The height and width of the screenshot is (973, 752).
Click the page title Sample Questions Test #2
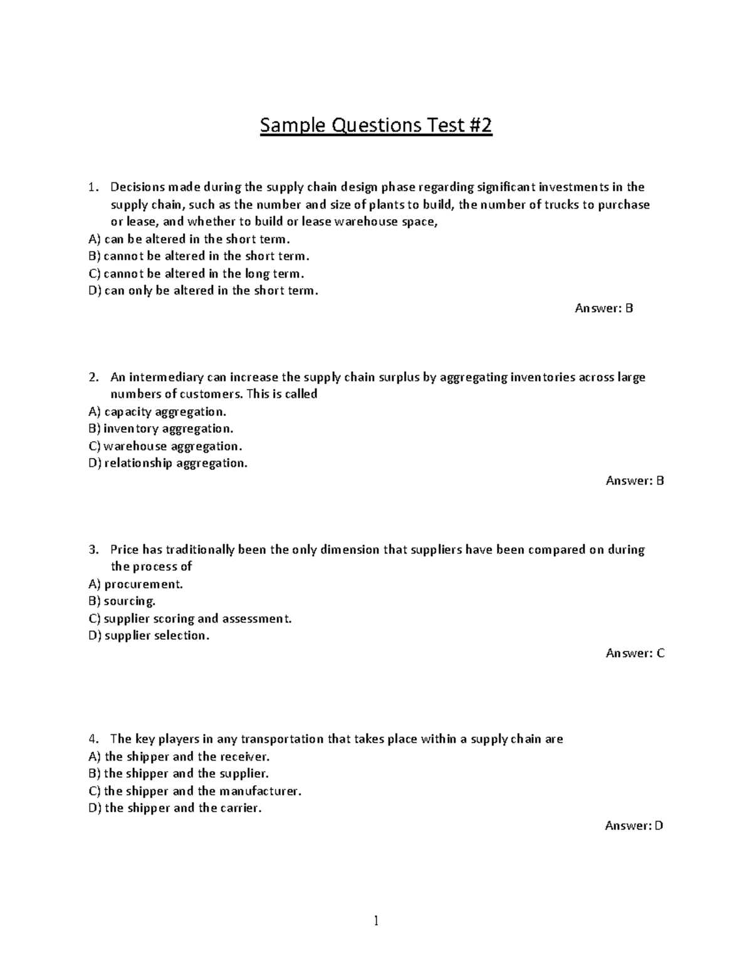(x=376, y=126)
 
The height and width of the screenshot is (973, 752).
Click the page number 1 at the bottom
(x=376, y=920)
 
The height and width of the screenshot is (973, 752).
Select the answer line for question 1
(x=603, y=308)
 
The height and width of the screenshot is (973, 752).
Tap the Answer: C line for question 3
(x=634, y=653)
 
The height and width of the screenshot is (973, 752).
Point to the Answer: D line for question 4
(x=634, y=825)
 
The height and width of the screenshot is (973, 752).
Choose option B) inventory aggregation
(x=161, y=429)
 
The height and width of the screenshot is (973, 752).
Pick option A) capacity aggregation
(x=157, y=412)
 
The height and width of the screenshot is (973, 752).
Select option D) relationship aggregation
(x=168, y=463)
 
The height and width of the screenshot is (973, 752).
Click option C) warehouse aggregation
(x=165, y=446)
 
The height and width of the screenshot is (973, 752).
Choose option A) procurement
(x=136, y=584)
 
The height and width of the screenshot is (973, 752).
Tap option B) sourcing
(x=122, y=601)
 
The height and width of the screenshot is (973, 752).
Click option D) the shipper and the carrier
(x=175, y=808)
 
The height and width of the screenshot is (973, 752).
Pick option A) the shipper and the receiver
(x=179, y=756)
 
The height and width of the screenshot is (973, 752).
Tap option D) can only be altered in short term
(x=204, y=290)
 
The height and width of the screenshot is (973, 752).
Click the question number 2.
(x=93, y=377)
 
